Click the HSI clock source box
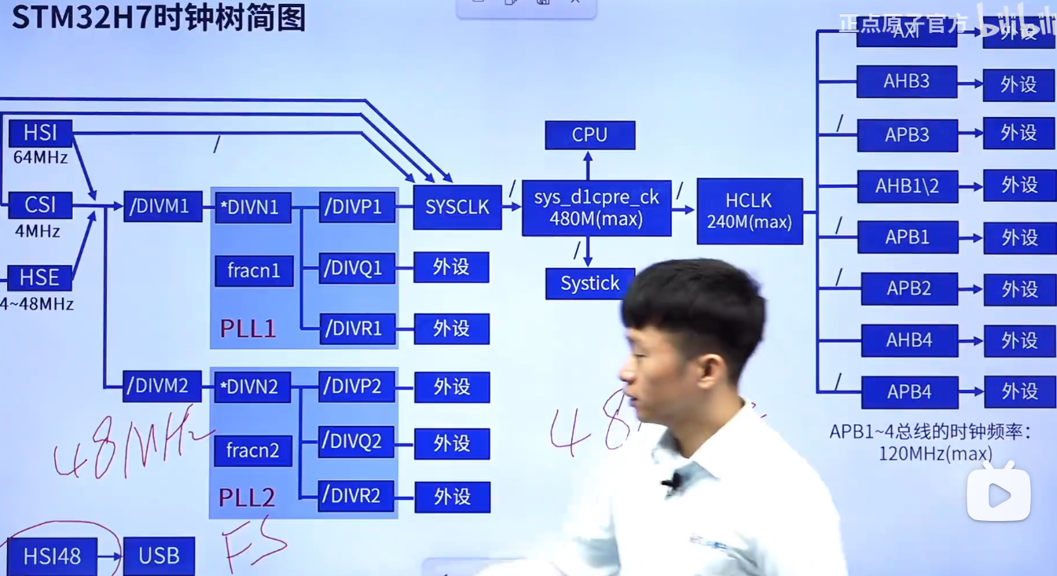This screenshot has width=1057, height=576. tap(40, 133)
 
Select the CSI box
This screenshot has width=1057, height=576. tap(40, 205)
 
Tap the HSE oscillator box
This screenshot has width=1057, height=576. tap(39, 277)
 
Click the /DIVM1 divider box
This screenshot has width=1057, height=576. tap(163, 207)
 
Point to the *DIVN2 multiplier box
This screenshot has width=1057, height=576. tap(252, 387)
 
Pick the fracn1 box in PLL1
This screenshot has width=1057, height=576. tap(254, 271)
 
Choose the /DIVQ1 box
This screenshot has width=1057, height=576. tap(356, 268)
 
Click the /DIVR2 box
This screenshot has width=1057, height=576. tap(356, 496)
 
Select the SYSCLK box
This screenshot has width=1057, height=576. tap(457, 207)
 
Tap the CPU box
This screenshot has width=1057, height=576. tap(589, 135)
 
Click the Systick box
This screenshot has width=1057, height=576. tap(589, 284)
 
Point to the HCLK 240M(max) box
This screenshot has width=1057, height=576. tap(749, 211)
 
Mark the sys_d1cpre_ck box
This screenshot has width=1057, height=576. tap(596, 207)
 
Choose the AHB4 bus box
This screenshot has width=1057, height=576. tap(909, 340)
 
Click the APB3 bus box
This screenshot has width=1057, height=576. tap(907, 135)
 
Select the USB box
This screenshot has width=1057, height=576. tap(159, 556)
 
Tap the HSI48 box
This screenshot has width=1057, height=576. tap(52, 557)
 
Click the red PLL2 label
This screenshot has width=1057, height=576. tap(247, 497)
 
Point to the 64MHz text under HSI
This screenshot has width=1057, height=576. tap(40, 157)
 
